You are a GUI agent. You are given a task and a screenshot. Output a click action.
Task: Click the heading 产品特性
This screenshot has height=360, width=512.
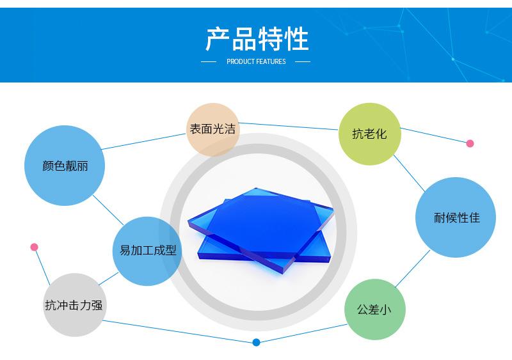tap(257, 39)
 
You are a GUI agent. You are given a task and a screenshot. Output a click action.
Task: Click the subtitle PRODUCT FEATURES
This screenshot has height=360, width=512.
tap(256, 62)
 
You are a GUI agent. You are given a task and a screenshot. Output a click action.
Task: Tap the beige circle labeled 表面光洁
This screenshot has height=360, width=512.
tap(212, 129)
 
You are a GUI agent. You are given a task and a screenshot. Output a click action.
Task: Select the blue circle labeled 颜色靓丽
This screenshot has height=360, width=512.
tap(65, 166)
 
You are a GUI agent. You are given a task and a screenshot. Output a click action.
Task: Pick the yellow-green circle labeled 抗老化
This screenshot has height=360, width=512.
tap(369, 134)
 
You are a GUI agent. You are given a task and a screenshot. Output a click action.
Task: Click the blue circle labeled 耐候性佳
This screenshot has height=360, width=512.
tap(456, 217)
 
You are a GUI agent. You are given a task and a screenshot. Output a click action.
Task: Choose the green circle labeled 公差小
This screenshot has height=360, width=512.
tap(375, 309)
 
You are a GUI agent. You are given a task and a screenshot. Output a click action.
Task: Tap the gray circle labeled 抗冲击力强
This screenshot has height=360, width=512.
tap(74, 305)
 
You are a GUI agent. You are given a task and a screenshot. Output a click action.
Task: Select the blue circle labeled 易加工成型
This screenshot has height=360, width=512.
tap(148, 251)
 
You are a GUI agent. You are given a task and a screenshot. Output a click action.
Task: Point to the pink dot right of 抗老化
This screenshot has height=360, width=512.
tap(470, 144)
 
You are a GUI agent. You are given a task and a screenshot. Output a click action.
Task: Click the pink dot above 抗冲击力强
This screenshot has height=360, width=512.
tap(35, 247)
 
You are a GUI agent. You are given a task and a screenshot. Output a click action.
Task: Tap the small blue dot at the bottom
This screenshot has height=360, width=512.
tap(256, 342)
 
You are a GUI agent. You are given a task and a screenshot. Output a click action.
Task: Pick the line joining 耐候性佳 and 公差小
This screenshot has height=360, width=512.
tap(412, 269)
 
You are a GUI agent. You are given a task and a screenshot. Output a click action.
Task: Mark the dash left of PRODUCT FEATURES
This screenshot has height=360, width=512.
tap(209, 62)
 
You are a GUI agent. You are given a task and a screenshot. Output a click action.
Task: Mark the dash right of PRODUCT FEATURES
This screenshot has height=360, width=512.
tap(303, 62)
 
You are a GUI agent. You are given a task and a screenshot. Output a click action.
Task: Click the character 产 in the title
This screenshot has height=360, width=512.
tap(218, 39)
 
